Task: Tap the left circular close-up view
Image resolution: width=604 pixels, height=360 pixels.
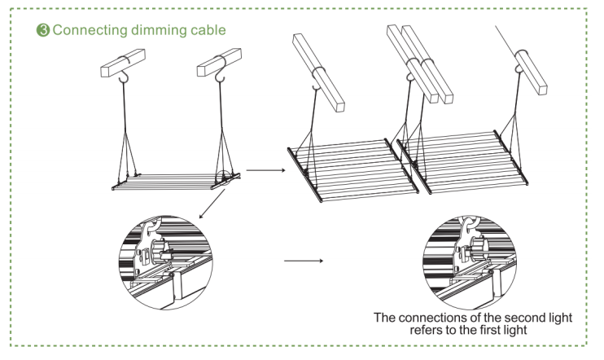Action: click(167, 259)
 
